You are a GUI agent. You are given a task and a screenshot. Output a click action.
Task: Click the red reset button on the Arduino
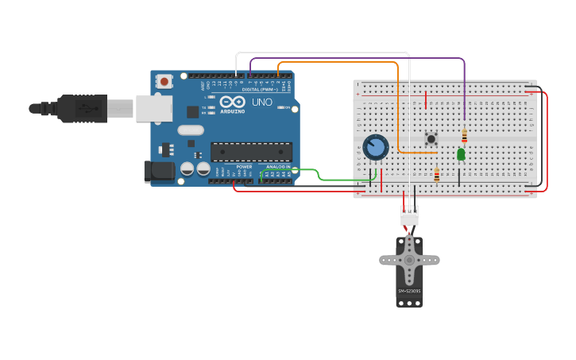pos(164,80)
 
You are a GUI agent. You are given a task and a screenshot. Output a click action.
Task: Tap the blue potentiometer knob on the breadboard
pos(375,147)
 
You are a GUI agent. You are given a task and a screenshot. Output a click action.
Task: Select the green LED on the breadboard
pos(461,154)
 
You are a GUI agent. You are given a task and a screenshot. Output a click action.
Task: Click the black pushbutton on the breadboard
pos(431,138)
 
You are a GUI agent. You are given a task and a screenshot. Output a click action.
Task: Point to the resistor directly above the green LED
pos(465,136)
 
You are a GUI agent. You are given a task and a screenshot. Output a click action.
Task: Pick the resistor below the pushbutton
pos(437,175)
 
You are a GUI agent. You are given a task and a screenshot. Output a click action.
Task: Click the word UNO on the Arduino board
pos(261,103)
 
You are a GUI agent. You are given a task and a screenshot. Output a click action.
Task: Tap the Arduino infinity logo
pos(233,102)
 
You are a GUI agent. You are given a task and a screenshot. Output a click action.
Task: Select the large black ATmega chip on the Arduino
pos(251,151)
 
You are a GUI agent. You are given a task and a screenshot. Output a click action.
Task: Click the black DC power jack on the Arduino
pos(157,172)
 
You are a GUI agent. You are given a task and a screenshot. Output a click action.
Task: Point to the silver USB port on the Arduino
pos(153,108)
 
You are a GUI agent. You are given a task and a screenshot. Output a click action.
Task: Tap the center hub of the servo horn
pos(409,260)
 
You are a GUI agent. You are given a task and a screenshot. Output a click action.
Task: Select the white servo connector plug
pos(409,215)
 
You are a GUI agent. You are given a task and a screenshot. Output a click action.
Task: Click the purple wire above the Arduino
pos(358,58)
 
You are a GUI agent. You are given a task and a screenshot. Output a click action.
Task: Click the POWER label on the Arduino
pos(244,167)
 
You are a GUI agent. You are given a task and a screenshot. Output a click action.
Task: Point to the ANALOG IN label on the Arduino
pos(278,167)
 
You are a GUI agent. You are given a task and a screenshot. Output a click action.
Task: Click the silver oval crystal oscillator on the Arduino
pos(191,130)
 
